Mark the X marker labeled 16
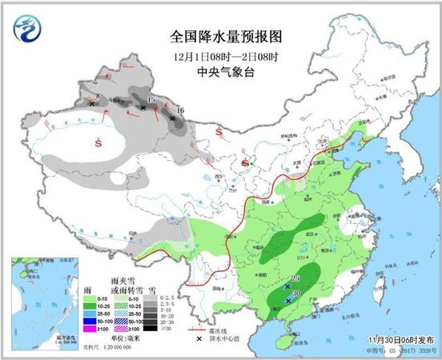coord(172,118)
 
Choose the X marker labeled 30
coord(288,300)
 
